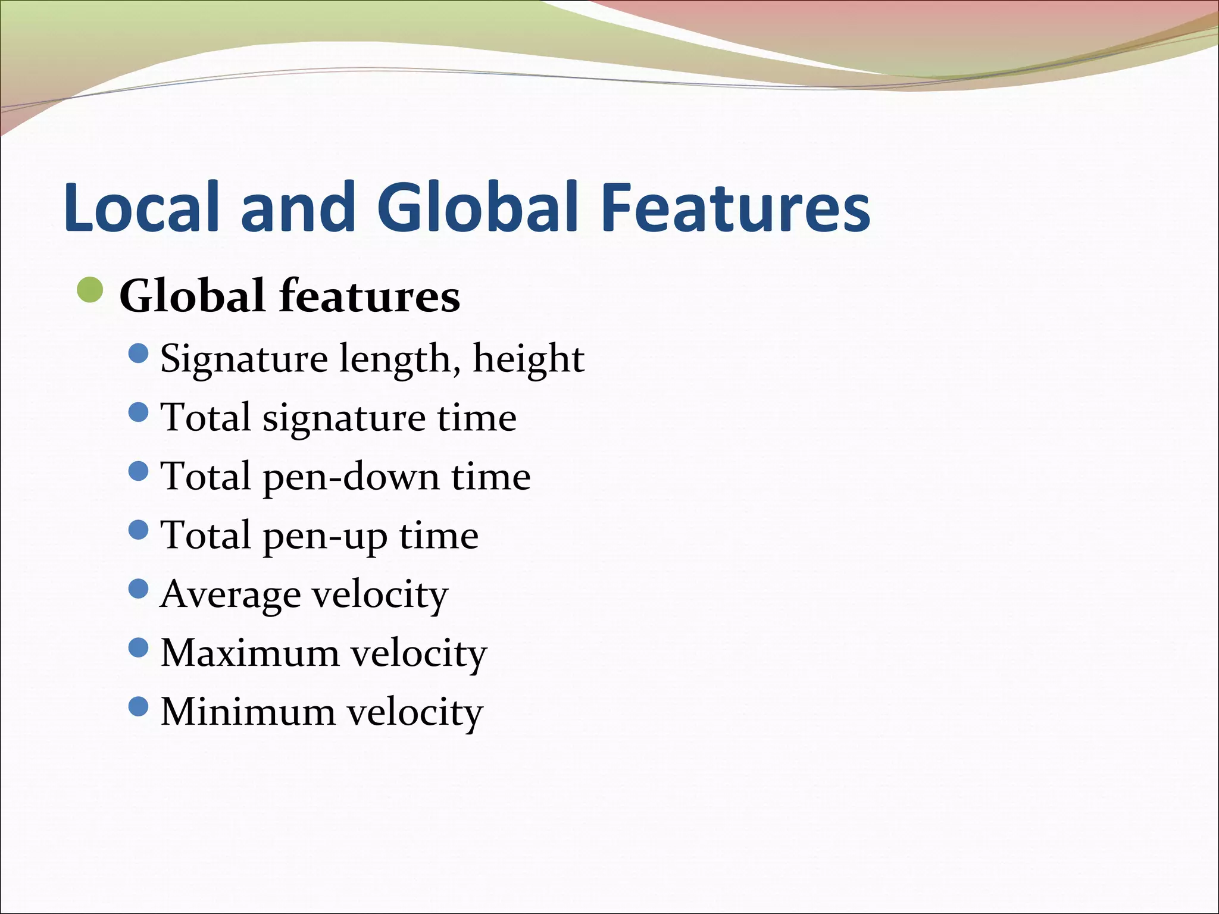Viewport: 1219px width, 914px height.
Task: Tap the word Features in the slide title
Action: pyautogui.click(x=736, y=206)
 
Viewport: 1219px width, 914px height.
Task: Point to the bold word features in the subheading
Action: pyautogui.click(x=370, y=296)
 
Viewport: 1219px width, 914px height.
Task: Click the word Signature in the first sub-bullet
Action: pyautogui.click(x=244, y=359)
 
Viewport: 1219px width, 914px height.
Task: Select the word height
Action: pyautogui.click(x=529, y=359)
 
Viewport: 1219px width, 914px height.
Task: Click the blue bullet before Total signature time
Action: pyautogui.click(x=138, y=412)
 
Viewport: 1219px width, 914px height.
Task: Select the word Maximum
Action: pyautogui.click(x=250, y=653)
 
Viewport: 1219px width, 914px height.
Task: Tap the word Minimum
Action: pyautogui.click(x=248, y=712)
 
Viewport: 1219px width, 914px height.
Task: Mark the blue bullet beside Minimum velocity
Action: pyautogui.click(x=138, y=706)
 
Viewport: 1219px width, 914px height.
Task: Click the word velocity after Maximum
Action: pyautogui.click(x=418, y=653)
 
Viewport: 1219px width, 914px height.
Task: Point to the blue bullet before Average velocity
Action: pyautogui.click(x=138, y=589)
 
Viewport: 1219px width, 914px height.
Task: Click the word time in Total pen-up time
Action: pyautogui.click(x=439, y=536)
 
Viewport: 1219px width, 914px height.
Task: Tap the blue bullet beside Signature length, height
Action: pyautogui.click(x=138, y=353)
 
